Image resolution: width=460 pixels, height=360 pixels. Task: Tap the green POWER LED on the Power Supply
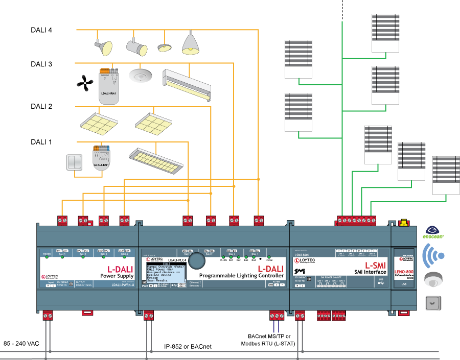pyautogui.click(x=47, y=257)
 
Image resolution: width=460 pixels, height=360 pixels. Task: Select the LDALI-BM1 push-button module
pyautogui.click(x=101, y=158)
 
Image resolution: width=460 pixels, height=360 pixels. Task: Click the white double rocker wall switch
pyautogui.click(x=75, y=162)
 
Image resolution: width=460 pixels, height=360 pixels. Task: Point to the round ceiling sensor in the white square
pyautogui.click(x=140, y=76)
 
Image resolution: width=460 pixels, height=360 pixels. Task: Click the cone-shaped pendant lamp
pyautogui.click(x=190, y=44)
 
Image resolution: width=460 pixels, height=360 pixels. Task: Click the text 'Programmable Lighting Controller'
pyautogui.click(x=241, y=276)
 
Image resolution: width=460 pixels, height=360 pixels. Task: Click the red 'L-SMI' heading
pyautogui.click(x=375, y=266)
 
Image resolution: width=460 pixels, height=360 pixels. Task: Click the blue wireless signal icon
pyautogui.click(x=433, y=255)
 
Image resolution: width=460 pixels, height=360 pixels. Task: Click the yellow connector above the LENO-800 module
pyautogui.click(x=404, y=223)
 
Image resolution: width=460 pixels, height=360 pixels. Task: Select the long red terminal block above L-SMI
pyautogui.click(x=356, y=221)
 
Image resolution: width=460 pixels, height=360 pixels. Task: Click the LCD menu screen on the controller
pyautogui.click(x=165, y=273)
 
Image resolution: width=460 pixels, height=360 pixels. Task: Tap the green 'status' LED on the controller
pyautogui.click(x=269, y=257)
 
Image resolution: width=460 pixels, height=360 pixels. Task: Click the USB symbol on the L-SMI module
pyautogui.click(x=381, y=283)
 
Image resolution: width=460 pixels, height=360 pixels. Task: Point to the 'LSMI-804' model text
pyautogui.click(x=303, y=254)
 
